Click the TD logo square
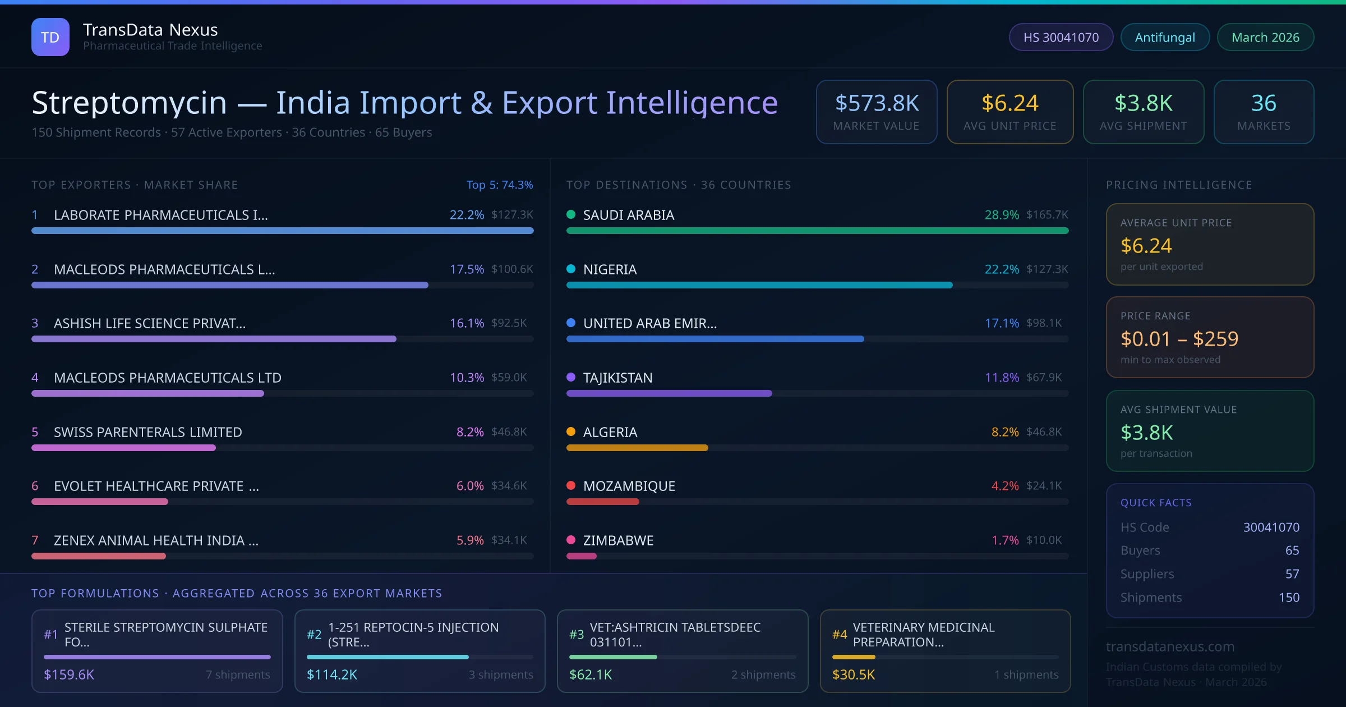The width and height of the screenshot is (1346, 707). [x=50, y=37]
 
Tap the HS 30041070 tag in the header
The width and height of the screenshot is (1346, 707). [x=1061, y=38]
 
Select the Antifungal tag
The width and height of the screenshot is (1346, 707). [x=1165, y=38]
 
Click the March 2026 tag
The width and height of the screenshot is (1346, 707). [x=1265, y=38]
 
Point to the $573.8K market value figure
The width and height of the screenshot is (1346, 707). [x=877, y=103]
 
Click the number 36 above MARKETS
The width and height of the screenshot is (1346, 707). [x=1264, y=103]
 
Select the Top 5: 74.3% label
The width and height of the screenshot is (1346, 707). [x=499, y=185]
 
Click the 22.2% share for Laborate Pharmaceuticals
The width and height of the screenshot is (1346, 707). [x=467, y=215]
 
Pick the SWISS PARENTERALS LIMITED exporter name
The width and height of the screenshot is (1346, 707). [x=148, y=432]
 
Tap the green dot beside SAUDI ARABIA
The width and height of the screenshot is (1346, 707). [x=571, y=214]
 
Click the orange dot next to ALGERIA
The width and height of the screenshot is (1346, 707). [x=571, y=431]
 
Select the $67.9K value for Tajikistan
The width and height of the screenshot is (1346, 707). [x=1044, y=378]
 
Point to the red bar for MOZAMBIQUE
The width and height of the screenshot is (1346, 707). [x=602, y=502]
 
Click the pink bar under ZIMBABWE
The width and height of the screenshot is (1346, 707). [x=581, y=556]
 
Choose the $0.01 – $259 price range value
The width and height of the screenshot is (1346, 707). [x=1179, y=339]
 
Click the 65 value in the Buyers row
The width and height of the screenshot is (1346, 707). [x=1292, y=550]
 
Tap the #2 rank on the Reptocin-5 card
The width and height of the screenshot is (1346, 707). [x=314, y=635]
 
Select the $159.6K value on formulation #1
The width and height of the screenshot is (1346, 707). [x=69, y=674]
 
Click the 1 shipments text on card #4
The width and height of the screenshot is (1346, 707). [x=1026, y=674]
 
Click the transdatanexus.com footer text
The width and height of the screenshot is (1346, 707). [x=1170, y=646]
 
